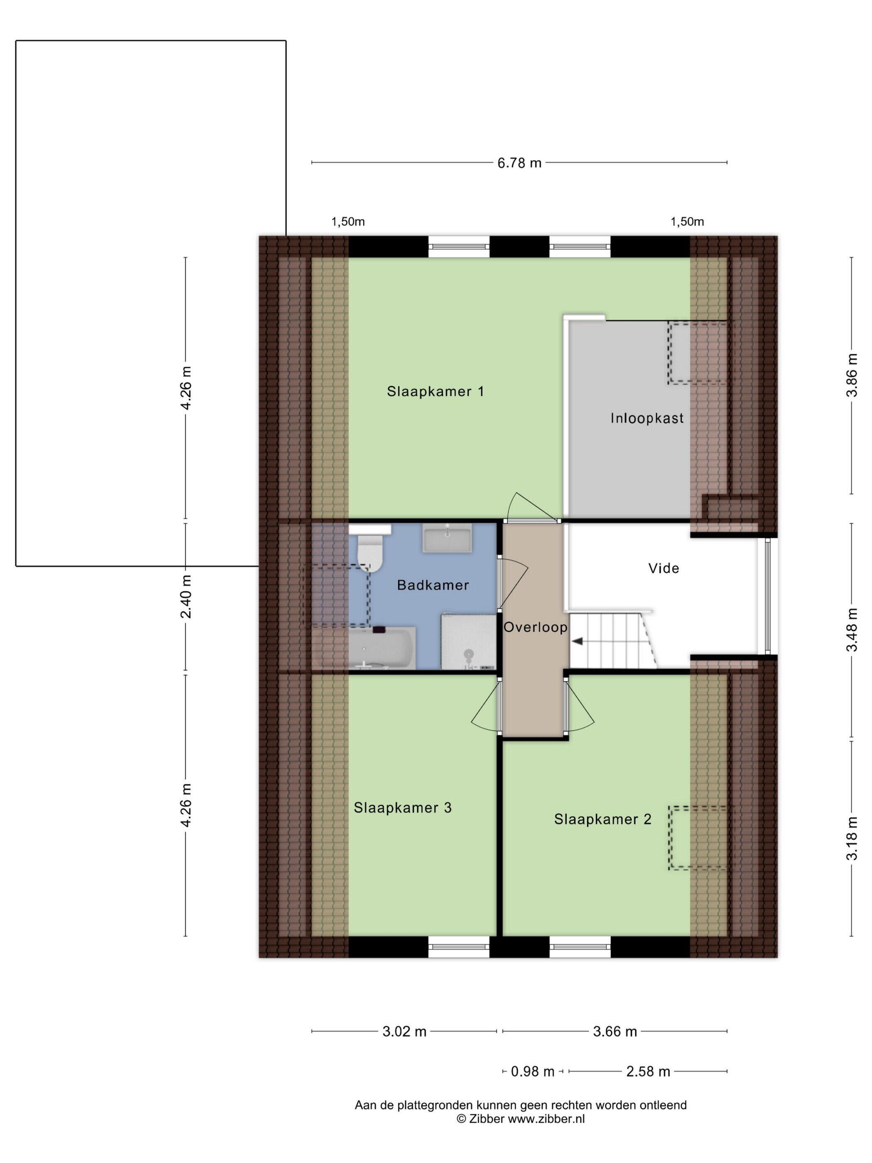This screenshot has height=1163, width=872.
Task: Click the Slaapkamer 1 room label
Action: pyautogui.click(x=435, y=392)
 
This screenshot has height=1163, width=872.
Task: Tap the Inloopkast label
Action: pyautogui.click(x=647, y=419)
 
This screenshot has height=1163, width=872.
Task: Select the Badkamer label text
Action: pyautogui.click(x=433, y=585)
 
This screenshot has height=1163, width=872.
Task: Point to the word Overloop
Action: pyautogui.click(x=536, y=627)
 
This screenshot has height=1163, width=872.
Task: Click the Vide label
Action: pyautogui.click(x=664, y=568)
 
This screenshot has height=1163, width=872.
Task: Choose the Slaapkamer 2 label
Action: pyautogui.click(x=603, y=819)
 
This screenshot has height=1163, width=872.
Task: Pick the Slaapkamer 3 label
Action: pyautogui.click(x=403, y=807)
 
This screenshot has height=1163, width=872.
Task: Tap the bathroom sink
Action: pyautogui.click(x=447, y=538)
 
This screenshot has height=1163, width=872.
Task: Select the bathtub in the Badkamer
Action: pyautogui.click(x=382, y=648)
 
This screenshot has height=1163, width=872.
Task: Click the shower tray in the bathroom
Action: pyautogui.click(x=469, y=642)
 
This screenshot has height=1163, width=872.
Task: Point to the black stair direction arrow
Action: pyautogui.click(x=578, y=641)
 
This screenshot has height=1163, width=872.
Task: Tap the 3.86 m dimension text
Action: pyautogui.click(x=852, y=375)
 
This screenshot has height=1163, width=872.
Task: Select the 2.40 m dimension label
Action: pyautogui.click(x=186, y=597)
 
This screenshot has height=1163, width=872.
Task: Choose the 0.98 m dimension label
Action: pyautogui.click(x=532, y=1072)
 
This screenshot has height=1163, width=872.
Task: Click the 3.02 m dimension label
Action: pyautogui.click(x=404, y=1032)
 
